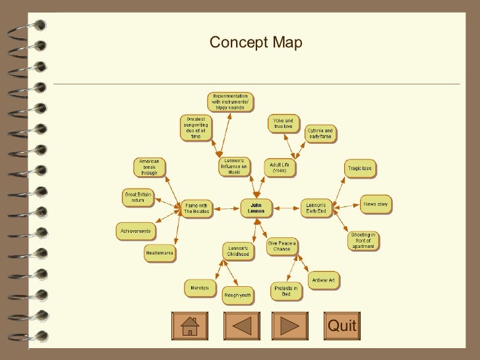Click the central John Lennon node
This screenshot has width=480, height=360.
pyautogui.click(x=256, y=208)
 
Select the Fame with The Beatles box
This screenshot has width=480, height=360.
pyautogui.click(x=196, y=208)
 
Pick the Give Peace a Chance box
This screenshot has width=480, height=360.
pyautogui.click(x=282, y=246)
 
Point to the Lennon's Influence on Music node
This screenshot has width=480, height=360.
pyautogui.click(x=234, y=167)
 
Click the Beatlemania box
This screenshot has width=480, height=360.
pyautogui.click(x=160, y=253)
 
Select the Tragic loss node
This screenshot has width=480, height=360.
pyautogui.click(x=359, y=168)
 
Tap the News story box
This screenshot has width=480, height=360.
pyautogui.click(x=376, y=204)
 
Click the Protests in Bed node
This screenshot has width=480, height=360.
pyautogui.click(x=286, y=291)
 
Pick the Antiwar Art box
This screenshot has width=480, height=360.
pyautogui.click(x=323, y=281)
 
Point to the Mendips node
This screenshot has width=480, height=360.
pyautogui.click(x=200, y=288)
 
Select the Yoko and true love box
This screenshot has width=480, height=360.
pyautogui.click(x=284, y=123)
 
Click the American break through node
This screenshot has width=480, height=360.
pyautogui.click(x=149, y=167)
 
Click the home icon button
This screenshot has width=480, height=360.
pyautogui.click(x=189, y=326)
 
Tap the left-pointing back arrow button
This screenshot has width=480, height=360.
pyautogui.click(x=242, y=326)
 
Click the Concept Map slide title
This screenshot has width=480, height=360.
pyautogui.click(x=256, y=44)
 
